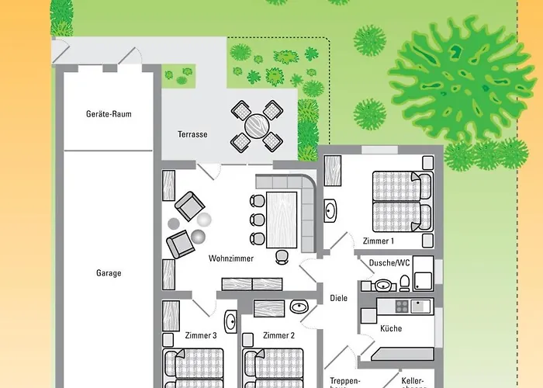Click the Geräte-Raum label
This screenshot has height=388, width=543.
(109, 114)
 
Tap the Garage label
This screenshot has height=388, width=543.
(109, 273)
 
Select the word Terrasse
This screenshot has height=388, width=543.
(192, 134)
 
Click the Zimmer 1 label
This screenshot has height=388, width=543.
(379, 241)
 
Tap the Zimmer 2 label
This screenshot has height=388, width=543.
(278, 335)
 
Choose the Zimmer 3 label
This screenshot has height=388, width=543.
(201, 335)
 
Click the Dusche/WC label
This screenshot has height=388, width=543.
(389, 263)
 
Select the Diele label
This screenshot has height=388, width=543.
(338, 298)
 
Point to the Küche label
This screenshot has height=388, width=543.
(391, 328)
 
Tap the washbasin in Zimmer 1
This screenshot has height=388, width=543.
(330, 210)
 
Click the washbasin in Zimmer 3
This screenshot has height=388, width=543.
(230, 320)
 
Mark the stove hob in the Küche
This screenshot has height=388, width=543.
(403, 307)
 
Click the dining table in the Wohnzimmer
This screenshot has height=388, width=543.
(282, 220)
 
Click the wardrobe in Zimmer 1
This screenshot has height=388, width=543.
(332, 170)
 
